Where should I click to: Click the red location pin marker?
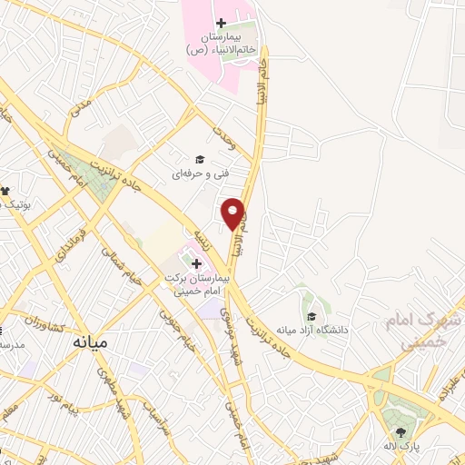(234, 213)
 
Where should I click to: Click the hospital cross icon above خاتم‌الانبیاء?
(221, 22)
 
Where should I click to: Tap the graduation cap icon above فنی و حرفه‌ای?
(200, 157)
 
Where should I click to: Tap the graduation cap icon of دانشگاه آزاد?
(312, 316)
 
